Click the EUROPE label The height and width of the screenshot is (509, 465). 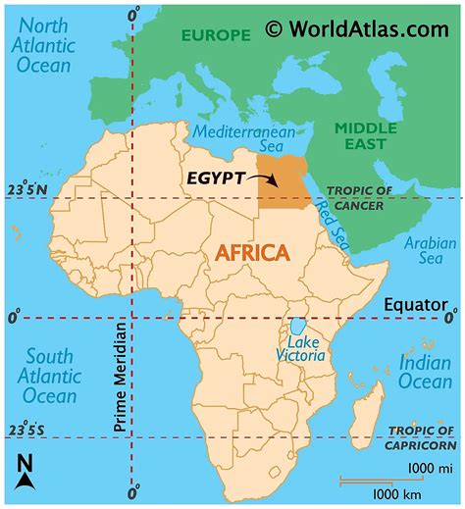pyautogui.click(x=214, y=34)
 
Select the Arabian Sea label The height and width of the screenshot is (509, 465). pyautogui.click(x=428, y=251)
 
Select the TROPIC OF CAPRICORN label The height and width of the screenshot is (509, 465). pyautogui.click(x=422, y=436)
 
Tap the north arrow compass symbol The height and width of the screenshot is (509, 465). pyautogui.click(x=26, y=473)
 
